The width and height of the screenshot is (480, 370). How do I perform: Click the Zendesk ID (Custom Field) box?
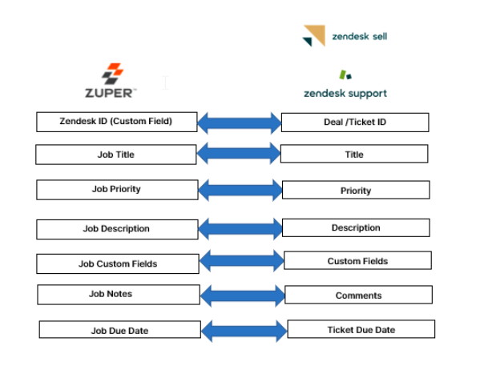click(116, 122)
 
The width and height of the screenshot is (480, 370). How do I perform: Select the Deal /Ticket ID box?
click(355, 123)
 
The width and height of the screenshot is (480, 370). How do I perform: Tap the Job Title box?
click(116, 155)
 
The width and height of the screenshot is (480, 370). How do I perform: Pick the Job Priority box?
click(117, 190)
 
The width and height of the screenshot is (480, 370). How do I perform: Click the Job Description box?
click(116, 228)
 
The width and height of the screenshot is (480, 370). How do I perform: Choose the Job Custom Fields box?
click(118, 263)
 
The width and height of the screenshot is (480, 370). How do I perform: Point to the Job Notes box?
click(118, 294)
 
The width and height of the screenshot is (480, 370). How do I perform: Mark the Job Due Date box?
click(119, 330)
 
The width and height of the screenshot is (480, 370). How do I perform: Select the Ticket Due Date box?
click(361, 329)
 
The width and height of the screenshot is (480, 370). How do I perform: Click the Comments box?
click(358, 295)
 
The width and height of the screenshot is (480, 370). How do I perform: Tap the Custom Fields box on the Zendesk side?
click(357, 260)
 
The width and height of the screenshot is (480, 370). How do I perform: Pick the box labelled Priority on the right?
click(355, 191)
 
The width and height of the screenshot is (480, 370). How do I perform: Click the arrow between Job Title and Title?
click(239, 155)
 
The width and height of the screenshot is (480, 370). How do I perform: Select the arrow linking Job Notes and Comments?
click(241, 296)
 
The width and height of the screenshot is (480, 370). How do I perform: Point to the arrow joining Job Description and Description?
click(239, 229)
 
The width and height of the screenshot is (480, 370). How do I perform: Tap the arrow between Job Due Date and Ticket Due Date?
click(243, 330)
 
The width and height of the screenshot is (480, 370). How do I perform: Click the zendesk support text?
click(345, 93)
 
